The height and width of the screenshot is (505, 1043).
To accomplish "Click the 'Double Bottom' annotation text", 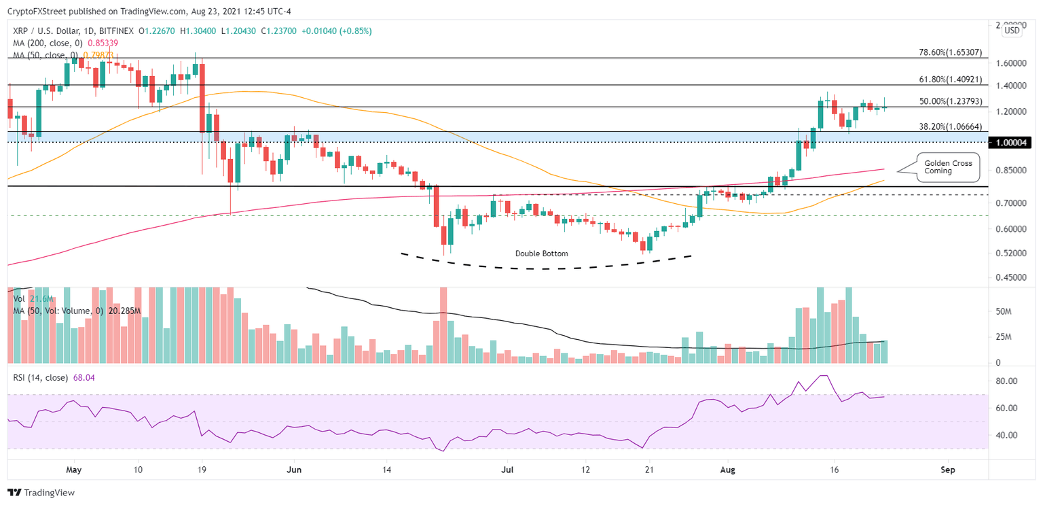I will (541, 254).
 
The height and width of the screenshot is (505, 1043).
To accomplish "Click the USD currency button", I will (1012, 30).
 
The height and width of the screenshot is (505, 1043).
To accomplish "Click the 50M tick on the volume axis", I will (1003, 311).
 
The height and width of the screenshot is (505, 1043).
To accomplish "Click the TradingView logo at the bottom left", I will (41, 493).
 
